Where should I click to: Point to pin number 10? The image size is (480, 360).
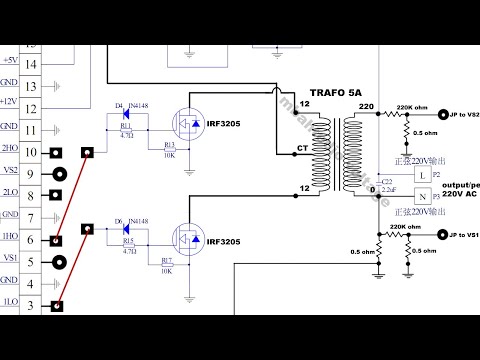point(32,152)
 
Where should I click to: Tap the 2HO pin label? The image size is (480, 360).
point(9,152)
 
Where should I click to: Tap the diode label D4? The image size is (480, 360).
point(119,104)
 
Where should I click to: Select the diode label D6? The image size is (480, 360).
point(119,220)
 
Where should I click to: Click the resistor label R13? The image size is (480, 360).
point(169,145)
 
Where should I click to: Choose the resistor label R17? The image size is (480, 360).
point(167,261)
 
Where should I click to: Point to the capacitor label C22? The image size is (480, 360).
point(388,179)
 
